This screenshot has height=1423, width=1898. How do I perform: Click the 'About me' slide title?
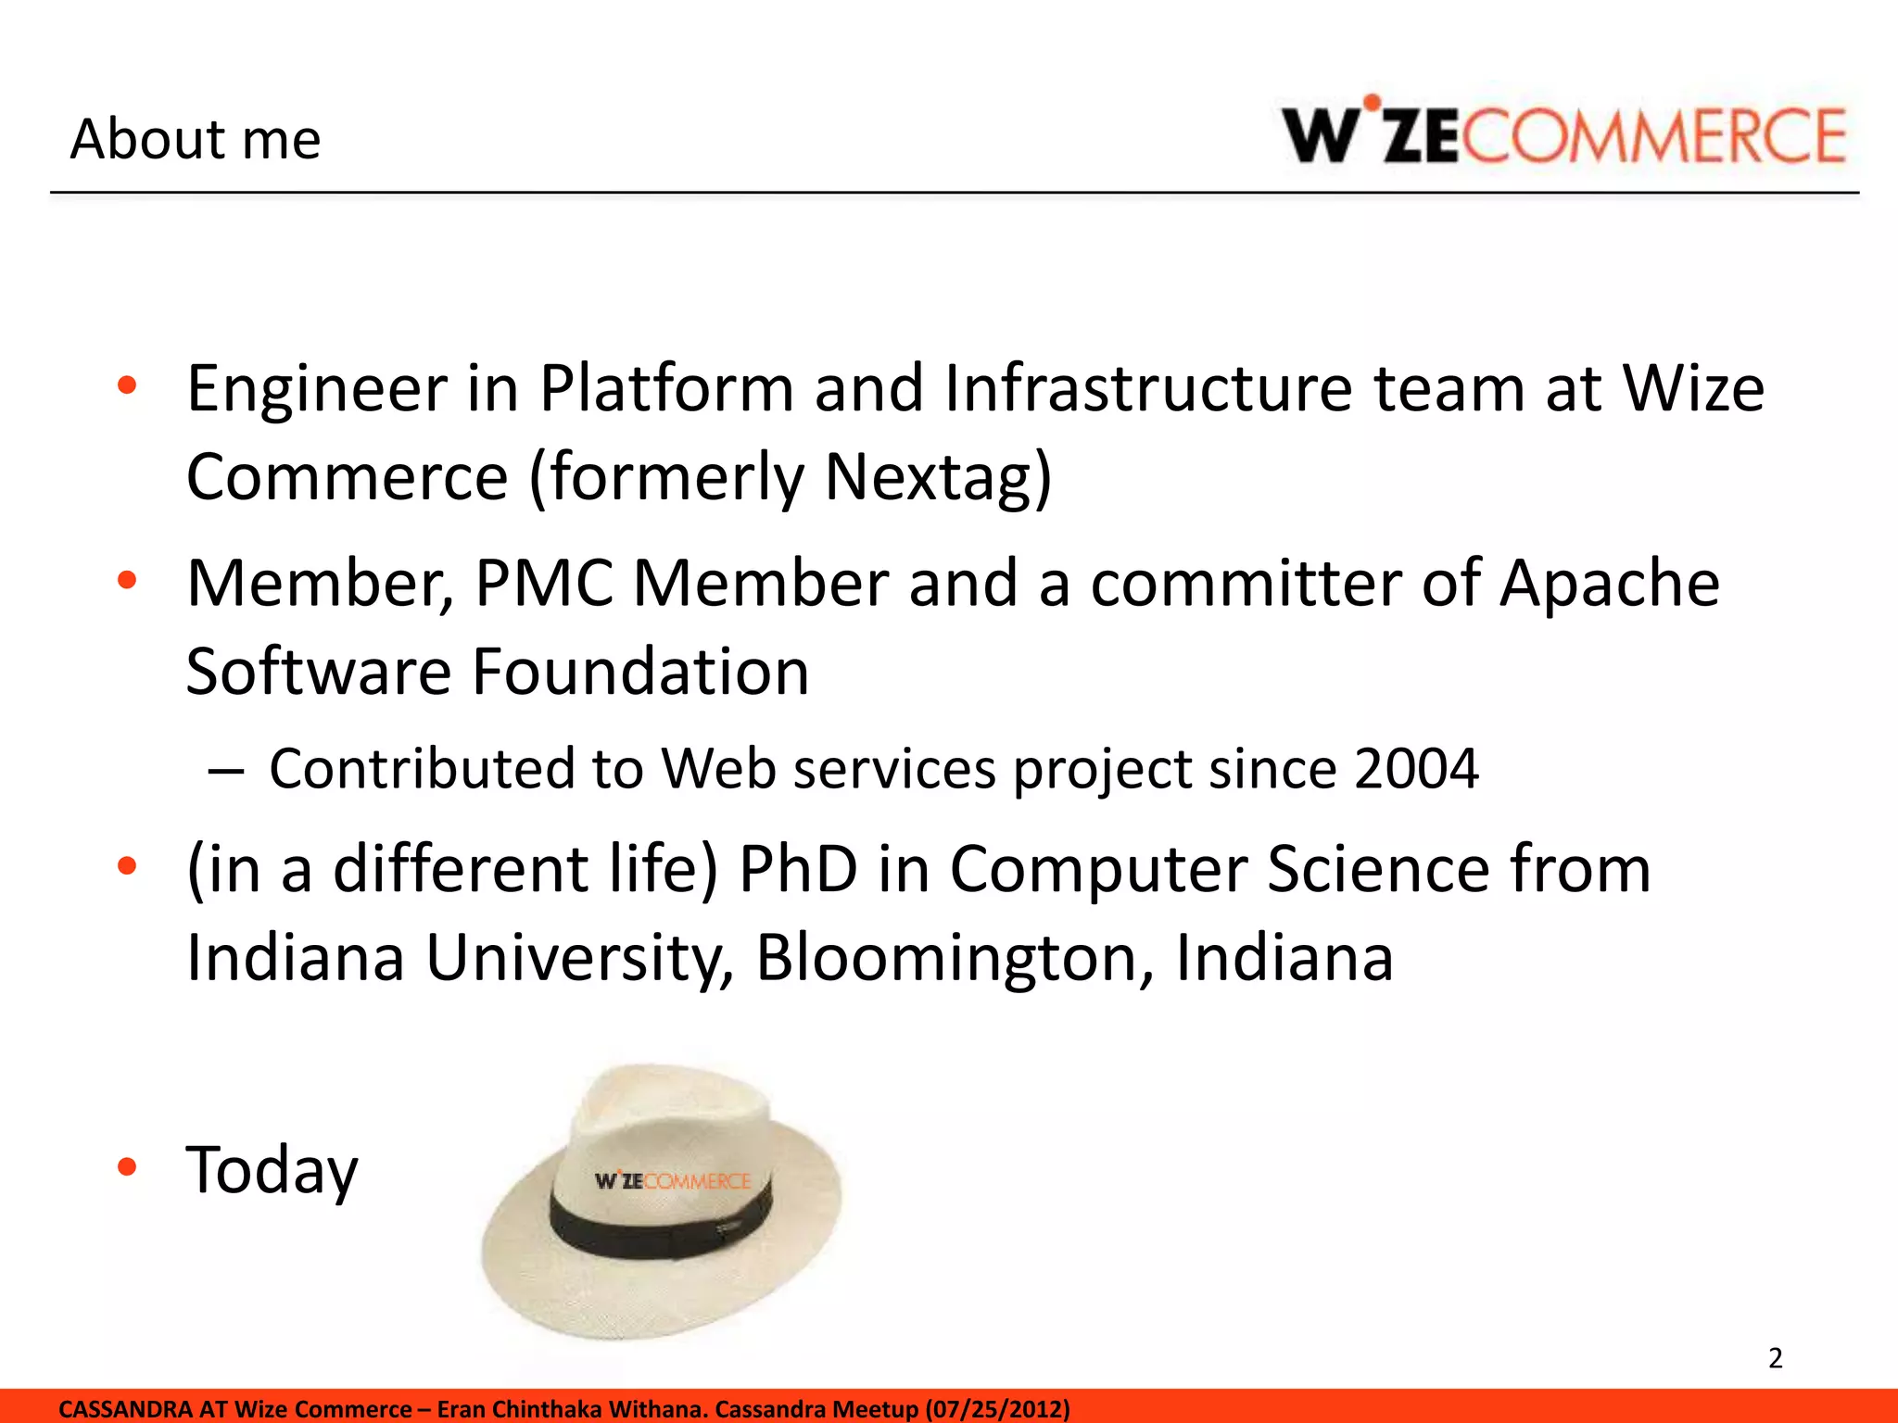pyautogui.click(x=196, y=139)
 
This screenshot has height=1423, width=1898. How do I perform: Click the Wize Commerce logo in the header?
pyautogui.click(x=1563, y=135)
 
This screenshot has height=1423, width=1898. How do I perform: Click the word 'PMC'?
pyautogui.click(x=544, y=583)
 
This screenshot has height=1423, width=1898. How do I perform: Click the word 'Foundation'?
pyautogui.click(x=640, y=671)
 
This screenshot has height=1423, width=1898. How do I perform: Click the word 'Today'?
pyautogui.click(x=272, y=1170)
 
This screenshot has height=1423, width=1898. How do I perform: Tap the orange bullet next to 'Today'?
pyautogui.click(x=127, y=1167)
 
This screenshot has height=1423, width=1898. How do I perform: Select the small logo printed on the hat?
pyautogui.click(x=672, y=1181)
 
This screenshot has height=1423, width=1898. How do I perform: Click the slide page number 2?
pyautogui.click(x=1775, y=1358)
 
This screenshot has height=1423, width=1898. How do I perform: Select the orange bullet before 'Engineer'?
pyautogui.click(x=127, y=385)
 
